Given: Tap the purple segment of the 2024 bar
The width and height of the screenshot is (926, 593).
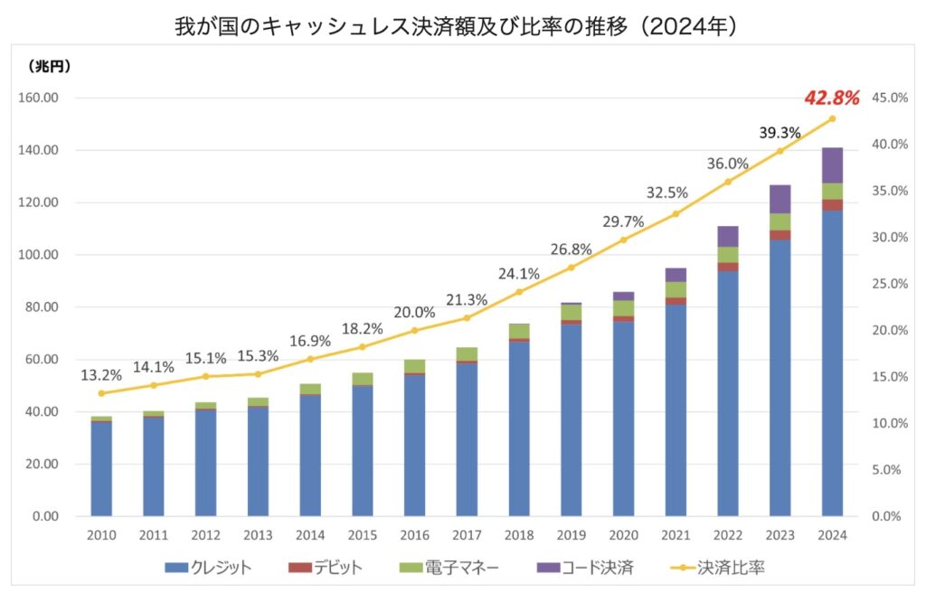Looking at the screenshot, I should click(832, 165).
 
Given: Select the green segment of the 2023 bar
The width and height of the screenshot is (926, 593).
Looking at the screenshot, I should click(780, 221).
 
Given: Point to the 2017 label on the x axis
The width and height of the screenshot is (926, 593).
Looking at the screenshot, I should click(467, 535).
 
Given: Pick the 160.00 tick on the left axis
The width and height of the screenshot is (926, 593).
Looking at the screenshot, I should click(40, 98).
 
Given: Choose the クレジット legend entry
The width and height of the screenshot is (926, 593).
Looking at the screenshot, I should click(208, 568).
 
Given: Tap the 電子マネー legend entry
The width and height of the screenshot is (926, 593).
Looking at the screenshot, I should click(451, 568).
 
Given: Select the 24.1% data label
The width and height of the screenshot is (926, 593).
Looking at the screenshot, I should click(519, 273).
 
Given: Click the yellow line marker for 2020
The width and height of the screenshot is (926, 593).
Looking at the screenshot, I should click(623, 240).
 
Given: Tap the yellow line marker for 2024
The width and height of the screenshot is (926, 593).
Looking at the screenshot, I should click(832, 118).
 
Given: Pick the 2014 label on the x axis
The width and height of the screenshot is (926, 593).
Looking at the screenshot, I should click(310, 535).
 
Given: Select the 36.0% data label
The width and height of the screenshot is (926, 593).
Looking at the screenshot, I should click(728, 164).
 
